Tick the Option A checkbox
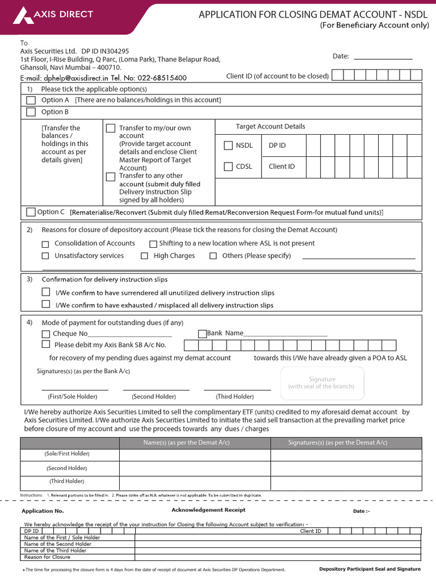31,100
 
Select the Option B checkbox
31,112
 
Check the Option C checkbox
31,212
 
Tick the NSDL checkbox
228,145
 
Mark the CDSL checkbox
228,167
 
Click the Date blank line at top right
383,56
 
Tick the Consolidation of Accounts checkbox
45,244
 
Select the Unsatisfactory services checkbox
45,256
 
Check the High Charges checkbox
145,256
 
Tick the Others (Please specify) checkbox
213,256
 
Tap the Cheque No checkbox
46,334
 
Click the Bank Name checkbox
202,334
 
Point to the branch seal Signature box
322,383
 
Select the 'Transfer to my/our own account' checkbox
111,128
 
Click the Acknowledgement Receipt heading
208,510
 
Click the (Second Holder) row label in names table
67,468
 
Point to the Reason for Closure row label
47,557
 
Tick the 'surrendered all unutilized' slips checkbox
46,292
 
